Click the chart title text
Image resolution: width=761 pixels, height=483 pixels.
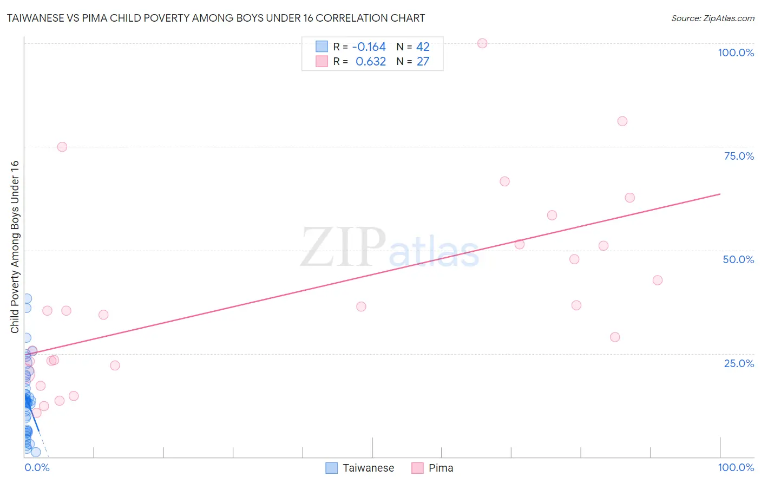tap(215, 18)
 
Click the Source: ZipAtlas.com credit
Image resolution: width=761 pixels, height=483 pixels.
tap(712, 18)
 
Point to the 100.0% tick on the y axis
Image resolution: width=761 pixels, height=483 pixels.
tap(736, 53)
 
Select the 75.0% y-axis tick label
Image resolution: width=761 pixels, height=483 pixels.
tap(738, 156)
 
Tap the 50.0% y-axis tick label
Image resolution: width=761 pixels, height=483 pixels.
tap(738, 259)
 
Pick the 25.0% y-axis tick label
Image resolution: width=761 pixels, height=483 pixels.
tap(738, 363)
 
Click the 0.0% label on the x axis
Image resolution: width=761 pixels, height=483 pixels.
tap(37, 467)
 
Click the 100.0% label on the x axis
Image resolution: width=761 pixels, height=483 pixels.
tap(736, 467)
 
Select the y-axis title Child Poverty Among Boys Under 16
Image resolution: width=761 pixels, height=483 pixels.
tap(15, 246)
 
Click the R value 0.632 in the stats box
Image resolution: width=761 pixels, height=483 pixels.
tap(370, 62)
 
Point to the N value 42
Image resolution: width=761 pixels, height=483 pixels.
tap(423, 47)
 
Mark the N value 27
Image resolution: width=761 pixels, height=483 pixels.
tap(423, 62)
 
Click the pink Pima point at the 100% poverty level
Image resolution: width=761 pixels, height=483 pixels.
tap(482, 43)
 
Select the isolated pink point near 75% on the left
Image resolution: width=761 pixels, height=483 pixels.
tap(62, 147)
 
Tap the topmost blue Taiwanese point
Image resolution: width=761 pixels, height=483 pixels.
tap(27, 298)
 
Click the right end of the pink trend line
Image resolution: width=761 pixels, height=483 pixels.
tap(720, 194)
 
